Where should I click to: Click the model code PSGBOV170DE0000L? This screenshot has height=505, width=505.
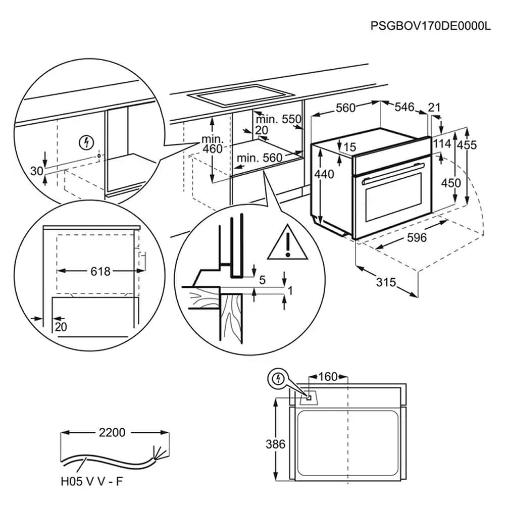(x=430, y=26)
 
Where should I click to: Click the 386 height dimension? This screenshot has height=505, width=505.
(x=275, y=444)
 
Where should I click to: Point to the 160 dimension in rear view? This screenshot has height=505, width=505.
(x=328, y=377)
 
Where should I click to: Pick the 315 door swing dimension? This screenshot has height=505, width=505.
(x=386, y=282)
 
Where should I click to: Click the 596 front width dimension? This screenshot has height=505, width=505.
(x=416, y=237)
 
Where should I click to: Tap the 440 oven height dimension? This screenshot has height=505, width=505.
(x=324, y=174)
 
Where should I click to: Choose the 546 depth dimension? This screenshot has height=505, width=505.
(x=404, y=107)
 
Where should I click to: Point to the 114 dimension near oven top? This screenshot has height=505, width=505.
(x=442, y=144)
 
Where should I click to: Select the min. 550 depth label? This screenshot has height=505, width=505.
(x=278, y=120)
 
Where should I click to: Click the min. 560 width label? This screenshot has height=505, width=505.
(x=260, y=158)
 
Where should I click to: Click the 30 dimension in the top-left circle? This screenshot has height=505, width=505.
(x=36, y=171)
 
